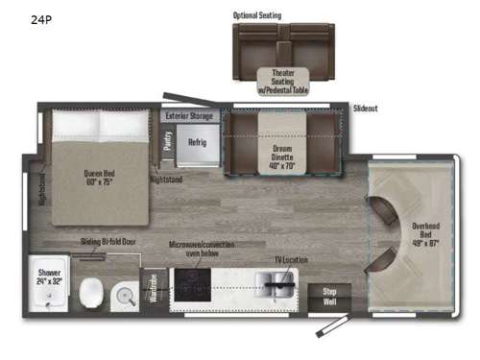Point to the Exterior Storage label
pyautogui.click(x=188, y=115)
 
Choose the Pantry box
pyautogui.click(x=169, y=141)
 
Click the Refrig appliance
pyautogui.click(x=198, y=141)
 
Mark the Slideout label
pyautogui.click(x=365, y=108)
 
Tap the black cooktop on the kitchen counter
pyautogui.click(x=193, y=283)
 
